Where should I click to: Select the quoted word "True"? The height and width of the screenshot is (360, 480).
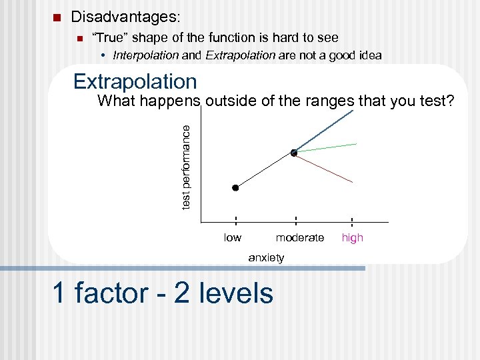(107, 38)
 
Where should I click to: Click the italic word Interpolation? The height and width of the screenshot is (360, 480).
(146, 55)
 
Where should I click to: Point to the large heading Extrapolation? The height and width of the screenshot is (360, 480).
(135, 81)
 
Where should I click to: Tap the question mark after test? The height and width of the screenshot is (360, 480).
(451, 101)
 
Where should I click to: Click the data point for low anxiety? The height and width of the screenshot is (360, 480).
(235, 188)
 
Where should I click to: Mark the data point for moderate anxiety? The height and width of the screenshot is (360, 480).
(294, 153)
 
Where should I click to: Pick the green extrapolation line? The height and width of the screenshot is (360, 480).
(327, 148)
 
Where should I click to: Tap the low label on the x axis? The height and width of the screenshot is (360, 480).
(233, 238)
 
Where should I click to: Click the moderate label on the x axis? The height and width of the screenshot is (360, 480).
(299, 238)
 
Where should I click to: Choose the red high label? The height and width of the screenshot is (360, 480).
(352, 238)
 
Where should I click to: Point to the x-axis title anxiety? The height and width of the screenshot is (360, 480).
(266, 257)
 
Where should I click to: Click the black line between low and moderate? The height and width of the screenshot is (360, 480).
(265, 171)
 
